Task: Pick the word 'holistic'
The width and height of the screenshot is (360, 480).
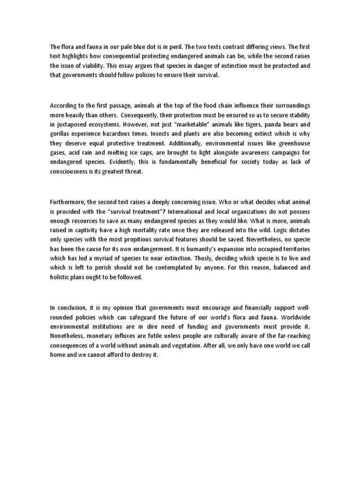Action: click(60, 277)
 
